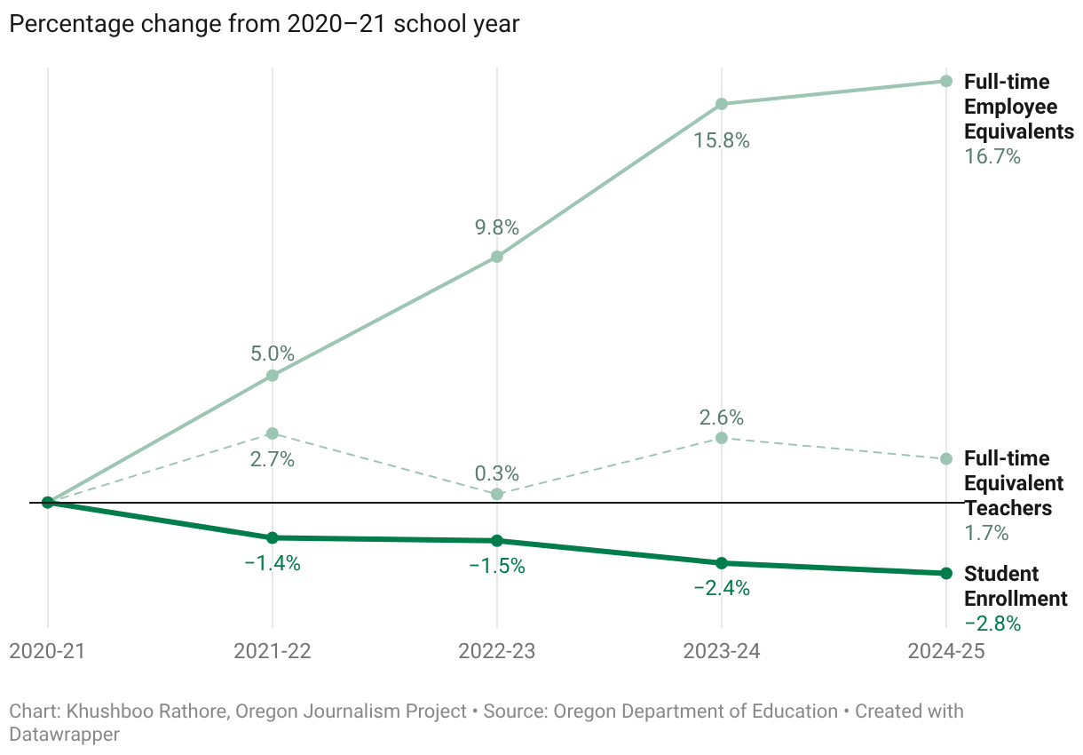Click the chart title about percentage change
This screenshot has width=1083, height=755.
264,25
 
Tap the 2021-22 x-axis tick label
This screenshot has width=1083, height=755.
273,651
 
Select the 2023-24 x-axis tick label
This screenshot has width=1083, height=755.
722,651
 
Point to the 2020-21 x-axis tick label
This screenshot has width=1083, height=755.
48,651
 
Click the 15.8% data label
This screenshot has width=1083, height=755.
722,140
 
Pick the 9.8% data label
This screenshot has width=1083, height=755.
497,227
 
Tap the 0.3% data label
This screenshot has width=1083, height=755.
497,473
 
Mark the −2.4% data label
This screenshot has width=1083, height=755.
722,588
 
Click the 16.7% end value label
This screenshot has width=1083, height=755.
992,157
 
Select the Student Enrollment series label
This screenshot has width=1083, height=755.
1015,586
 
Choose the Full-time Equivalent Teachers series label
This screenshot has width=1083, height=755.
1013,483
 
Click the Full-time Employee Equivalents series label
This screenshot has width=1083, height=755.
1018,107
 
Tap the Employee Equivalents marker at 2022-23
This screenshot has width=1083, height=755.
497,257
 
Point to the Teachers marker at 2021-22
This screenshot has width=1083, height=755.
273,433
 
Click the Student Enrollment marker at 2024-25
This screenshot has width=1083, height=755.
946,573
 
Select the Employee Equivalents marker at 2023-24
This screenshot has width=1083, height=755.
722,104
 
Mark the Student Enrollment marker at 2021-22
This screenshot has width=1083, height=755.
273,537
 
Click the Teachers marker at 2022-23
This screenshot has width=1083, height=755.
497,494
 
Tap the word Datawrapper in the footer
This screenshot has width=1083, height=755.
64,734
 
